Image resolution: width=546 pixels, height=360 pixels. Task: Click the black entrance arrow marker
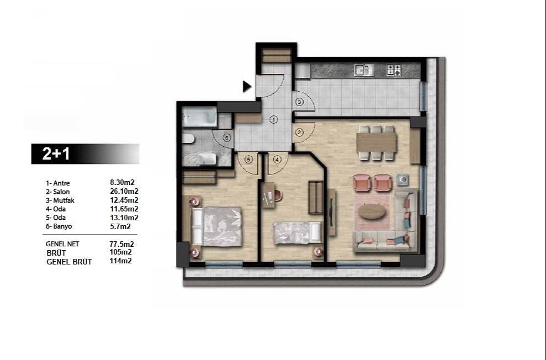(x=247, y=86)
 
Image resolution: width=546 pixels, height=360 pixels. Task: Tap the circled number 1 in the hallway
(x=274, y=120)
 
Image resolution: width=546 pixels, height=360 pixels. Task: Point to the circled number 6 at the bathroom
(x=227, y=138)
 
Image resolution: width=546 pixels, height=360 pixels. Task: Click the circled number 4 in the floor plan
(x=277, y=160)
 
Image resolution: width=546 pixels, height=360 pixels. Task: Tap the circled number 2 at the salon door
(x=299, y=133)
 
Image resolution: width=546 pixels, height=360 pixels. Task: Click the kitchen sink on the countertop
(x=363, y=70)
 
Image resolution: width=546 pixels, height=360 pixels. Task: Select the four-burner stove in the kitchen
(x=394, y=70)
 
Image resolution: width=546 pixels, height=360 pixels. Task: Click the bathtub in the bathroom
(x=199, y=117)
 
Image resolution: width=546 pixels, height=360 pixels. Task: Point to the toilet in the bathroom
(x=188, y=139)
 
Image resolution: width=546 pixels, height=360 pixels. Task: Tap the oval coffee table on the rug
(x=372, y=211)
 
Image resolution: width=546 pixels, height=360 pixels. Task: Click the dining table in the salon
(x=377, y=143)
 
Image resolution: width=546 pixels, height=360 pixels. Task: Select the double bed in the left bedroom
(x=216, y=226)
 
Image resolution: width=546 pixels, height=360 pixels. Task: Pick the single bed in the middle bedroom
(x=298, y=233)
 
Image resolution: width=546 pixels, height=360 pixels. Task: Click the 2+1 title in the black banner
(x=56, y=153)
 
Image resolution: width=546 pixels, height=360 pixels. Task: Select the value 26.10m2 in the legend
(x=124, y=191)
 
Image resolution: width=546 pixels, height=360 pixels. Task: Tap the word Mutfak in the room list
(x=63, y=200)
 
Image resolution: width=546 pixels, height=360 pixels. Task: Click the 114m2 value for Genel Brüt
(x=120, y=261)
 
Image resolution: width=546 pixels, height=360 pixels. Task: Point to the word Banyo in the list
(x=63, y=226)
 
